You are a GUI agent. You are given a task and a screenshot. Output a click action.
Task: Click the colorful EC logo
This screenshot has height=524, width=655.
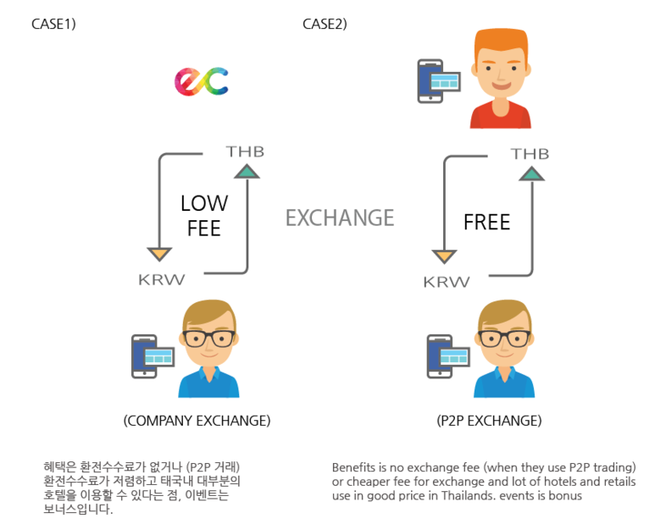pos(202,81)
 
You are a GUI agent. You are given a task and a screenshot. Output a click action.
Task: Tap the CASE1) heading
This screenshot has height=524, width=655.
pos(53,24)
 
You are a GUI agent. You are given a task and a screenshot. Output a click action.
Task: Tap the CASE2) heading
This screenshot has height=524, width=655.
pos(325,24)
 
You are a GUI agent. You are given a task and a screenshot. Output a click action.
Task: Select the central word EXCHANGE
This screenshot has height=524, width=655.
pos(340,218)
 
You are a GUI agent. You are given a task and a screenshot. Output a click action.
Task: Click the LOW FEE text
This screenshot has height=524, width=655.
pos(203,216)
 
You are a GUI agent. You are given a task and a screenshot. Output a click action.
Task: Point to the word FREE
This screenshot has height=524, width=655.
pos(486,223)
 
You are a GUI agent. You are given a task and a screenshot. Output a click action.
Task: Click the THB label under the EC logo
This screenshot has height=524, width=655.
pos(245,152)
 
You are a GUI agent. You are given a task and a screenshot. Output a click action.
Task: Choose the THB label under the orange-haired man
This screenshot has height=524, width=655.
pos(530,154)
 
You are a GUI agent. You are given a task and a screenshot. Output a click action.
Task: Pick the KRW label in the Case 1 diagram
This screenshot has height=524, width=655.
pos(162,279)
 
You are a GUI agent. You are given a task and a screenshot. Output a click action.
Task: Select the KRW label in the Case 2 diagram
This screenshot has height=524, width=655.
pos(447,282)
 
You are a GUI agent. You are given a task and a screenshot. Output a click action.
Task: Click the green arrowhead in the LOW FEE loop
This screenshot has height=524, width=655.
pos(247,172)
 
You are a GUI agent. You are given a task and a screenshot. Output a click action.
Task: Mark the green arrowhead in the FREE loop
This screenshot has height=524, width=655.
pos(531,174)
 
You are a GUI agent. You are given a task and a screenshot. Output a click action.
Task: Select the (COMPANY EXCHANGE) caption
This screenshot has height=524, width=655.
pos(197,420)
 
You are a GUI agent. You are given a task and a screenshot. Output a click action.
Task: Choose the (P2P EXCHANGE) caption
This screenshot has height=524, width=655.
pos(489,420)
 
